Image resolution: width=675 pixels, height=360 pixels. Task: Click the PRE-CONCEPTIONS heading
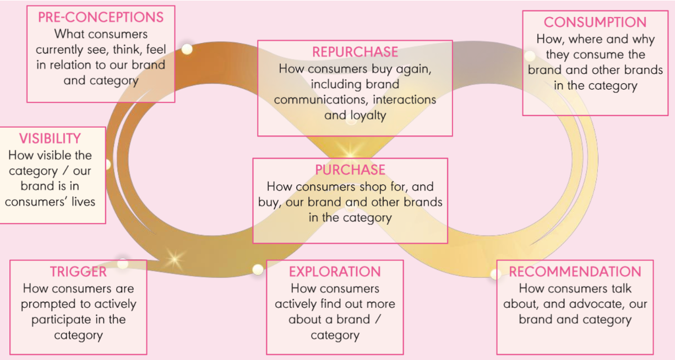pyautogui.click(x=101, y=17)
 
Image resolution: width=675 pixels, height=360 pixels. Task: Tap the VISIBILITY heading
pyautogui.click(x=50, y=139)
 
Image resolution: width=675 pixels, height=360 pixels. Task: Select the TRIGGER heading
pyautogui.click(x=78, y=272)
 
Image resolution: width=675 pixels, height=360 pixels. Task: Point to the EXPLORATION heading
pyautogui.click(x=335, y=272)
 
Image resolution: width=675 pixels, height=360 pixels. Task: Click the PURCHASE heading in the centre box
pyautogui.click(x=350, y=170)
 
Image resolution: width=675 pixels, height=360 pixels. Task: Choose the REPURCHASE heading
pyautogui.click(x=355, y=52)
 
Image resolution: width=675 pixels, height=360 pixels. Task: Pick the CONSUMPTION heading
pyautogui.click(x=595, y=23)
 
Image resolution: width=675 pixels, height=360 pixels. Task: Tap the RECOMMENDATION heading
pyautogui.click(x=575, y=272)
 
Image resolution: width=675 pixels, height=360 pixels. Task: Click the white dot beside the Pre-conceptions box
pyautogui.click(x=187, y=49)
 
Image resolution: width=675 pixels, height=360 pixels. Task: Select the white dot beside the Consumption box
pyautogui.click(x=530, y=56)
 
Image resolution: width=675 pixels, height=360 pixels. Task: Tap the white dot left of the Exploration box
pyautogui.click(x=258, y=269)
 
